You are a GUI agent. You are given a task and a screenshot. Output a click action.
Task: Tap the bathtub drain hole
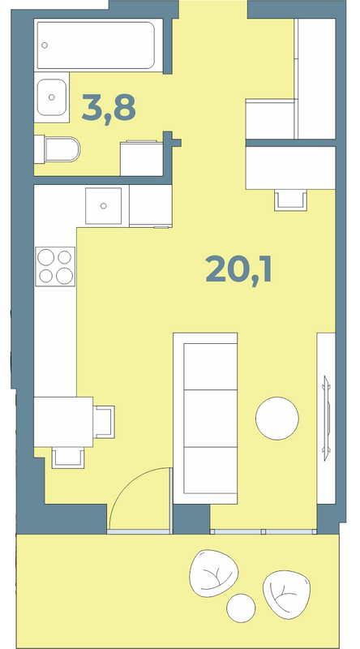click(45, 45)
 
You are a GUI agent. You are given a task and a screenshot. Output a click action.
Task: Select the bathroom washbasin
click(51, 97)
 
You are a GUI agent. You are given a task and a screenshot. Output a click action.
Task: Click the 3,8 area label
click(109, 108)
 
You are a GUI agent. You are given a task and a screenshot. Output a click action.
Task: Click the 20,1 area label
click(238, 269)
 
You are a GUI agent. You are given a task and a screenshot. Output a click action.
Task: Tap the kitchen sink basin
click(104, 206)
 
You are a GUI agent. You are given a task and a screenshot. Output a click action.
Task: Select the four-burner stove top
click(55, 267)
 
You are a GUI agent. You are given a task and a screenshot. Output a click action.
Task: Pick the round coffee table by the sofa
click(276, 419)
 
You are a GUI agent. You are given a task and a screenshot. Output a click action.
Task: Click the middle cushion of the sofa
click(210, 418)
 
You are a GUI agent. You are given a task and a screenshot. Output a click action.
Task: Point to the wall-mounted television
click(327, 418)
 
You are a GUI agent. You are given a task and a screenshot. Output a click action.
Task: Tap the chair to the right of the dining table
click(104, 422)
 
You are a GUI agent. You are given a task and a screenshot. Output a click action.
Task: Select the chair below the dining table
click(68, 458)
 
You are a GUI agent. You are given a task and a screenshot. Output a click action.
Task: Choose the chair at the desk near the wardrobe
click(290, 200)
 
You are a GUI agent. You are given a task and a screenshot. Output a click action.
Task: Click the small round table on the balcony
click(242, 608)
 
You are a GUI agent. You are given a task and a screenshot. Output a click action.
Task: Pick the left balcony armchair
click(213, 574)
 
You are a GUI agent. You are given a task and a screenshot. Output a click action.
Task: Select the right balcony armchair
click(286, 594)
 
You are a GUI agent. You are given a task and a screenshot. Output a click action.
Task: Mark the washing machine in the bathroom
click(142, 158)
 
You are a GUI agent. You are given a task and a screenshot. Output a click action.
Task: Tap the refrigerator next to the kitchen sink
click(151, 206)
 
